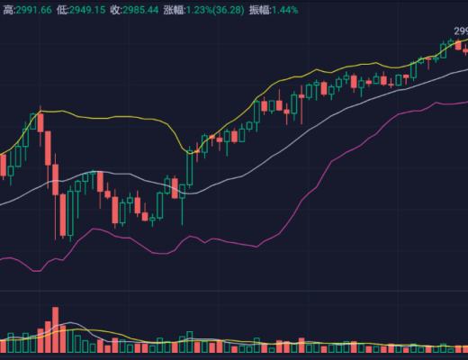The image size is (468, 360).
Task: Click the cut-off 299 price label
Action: [x=459, y=31]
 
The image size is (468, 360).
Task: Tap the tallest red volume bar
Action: [x=55, y=329]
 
